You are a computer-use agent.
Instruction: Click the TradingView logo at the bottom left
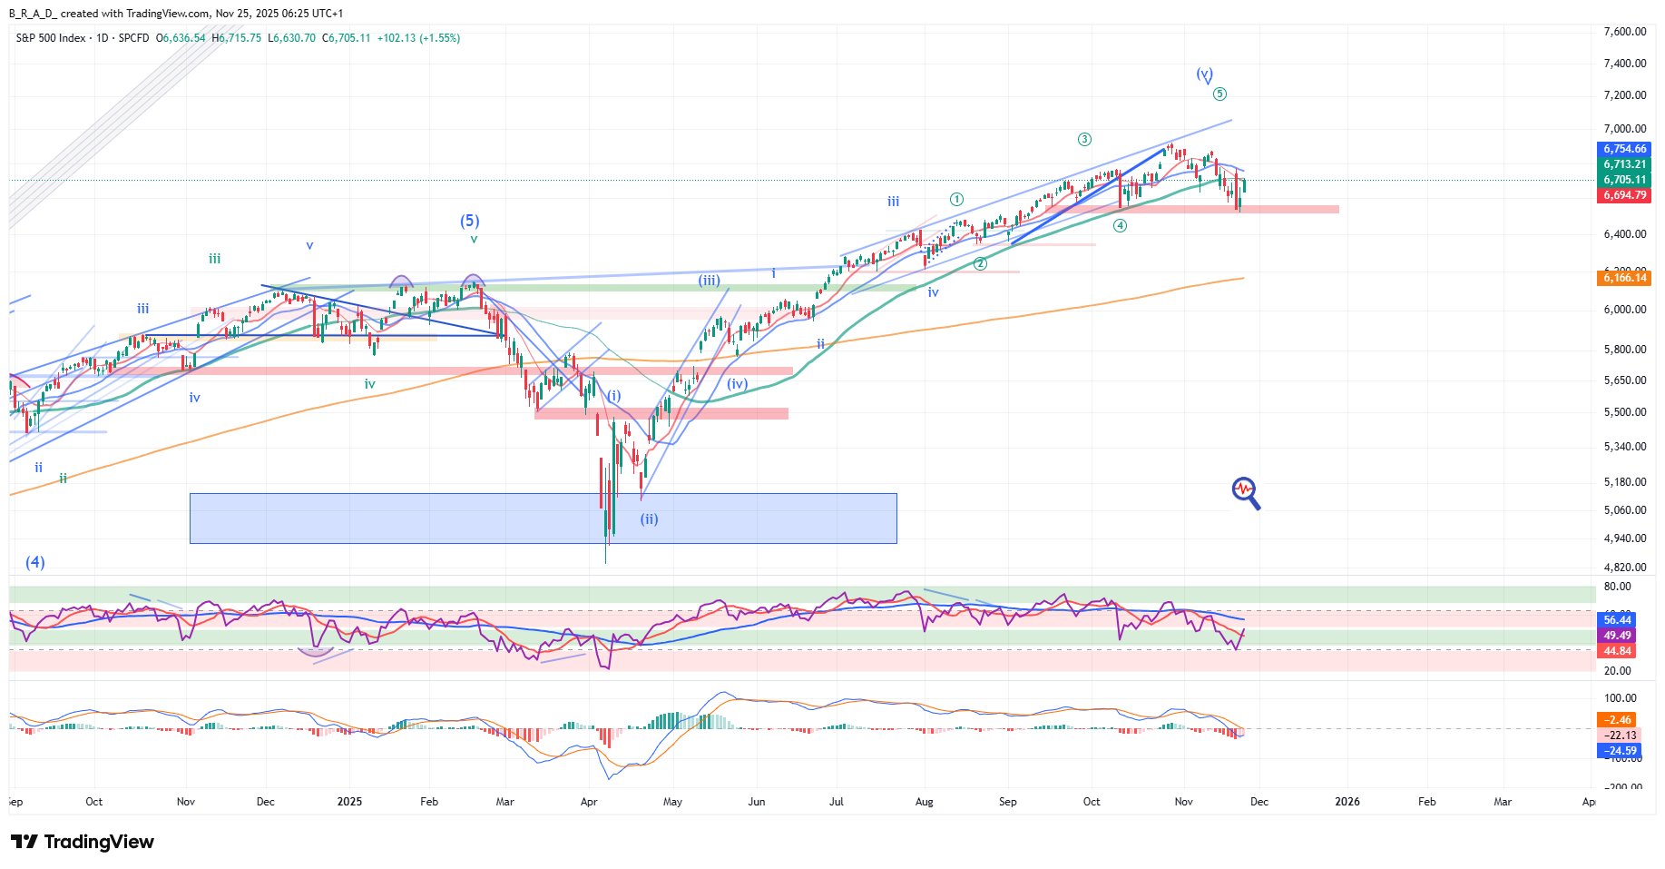click(x=83, y=842)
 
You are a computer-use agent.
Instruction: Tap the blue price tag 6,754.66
click(x=1624, y=149)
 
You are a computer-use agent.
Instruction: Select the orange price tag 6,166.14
click(x=1624, y=278)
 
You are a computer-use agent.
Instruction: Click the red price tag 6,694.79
click(x=1624, y=195)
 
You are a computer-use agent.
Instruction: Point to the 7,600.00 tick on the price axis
click(x=1624, y=32)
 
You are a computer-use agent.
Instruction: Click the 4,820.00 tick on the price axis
click(x=1624, y=568)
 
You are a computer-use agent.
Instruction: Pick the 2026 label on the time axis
click(x=1347, y=802)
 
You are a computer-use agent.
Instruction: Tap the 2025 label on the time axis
click(x=349, y=802)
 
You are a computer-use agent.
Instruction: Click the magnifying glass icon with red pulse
click(x=1246, y=492)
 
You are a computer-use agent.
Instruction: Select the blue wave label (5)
click(x=469, y=221)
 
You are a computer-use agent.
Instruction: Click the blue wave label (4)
click(x=35, y=562)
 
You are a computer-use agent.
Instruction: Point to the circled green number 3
click(x=1084, y=140)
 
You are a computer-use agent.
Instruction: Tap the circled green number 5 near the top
click(x=1219, y=94)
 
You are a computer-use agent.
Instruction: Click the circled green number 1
click(x=956, y=199)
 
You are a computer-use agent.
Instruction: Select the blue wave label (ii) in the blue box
click(x=649, y=519)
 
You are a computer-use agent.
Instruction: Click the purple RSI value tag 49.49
click(x=1617, y=636)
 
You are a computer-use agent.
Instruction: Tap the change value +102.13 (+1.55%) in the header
click(x=418, y=38)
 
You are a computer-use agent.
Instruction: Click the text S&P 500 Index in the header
click(x=51, y=38)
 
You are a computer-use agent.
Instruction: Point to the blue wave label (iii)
click(x=709, y=281)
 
